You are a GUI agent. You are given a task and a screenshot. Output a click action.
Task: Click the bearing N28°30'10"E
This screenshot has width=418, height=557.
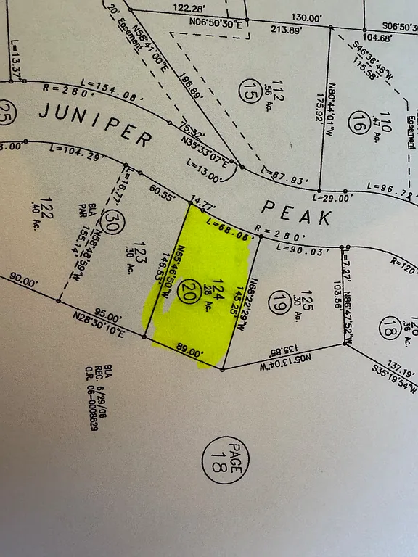[98, 323]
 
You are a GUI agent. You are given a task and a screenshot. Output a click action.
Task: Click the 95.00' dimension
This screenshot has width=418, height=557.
[106, 317]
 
